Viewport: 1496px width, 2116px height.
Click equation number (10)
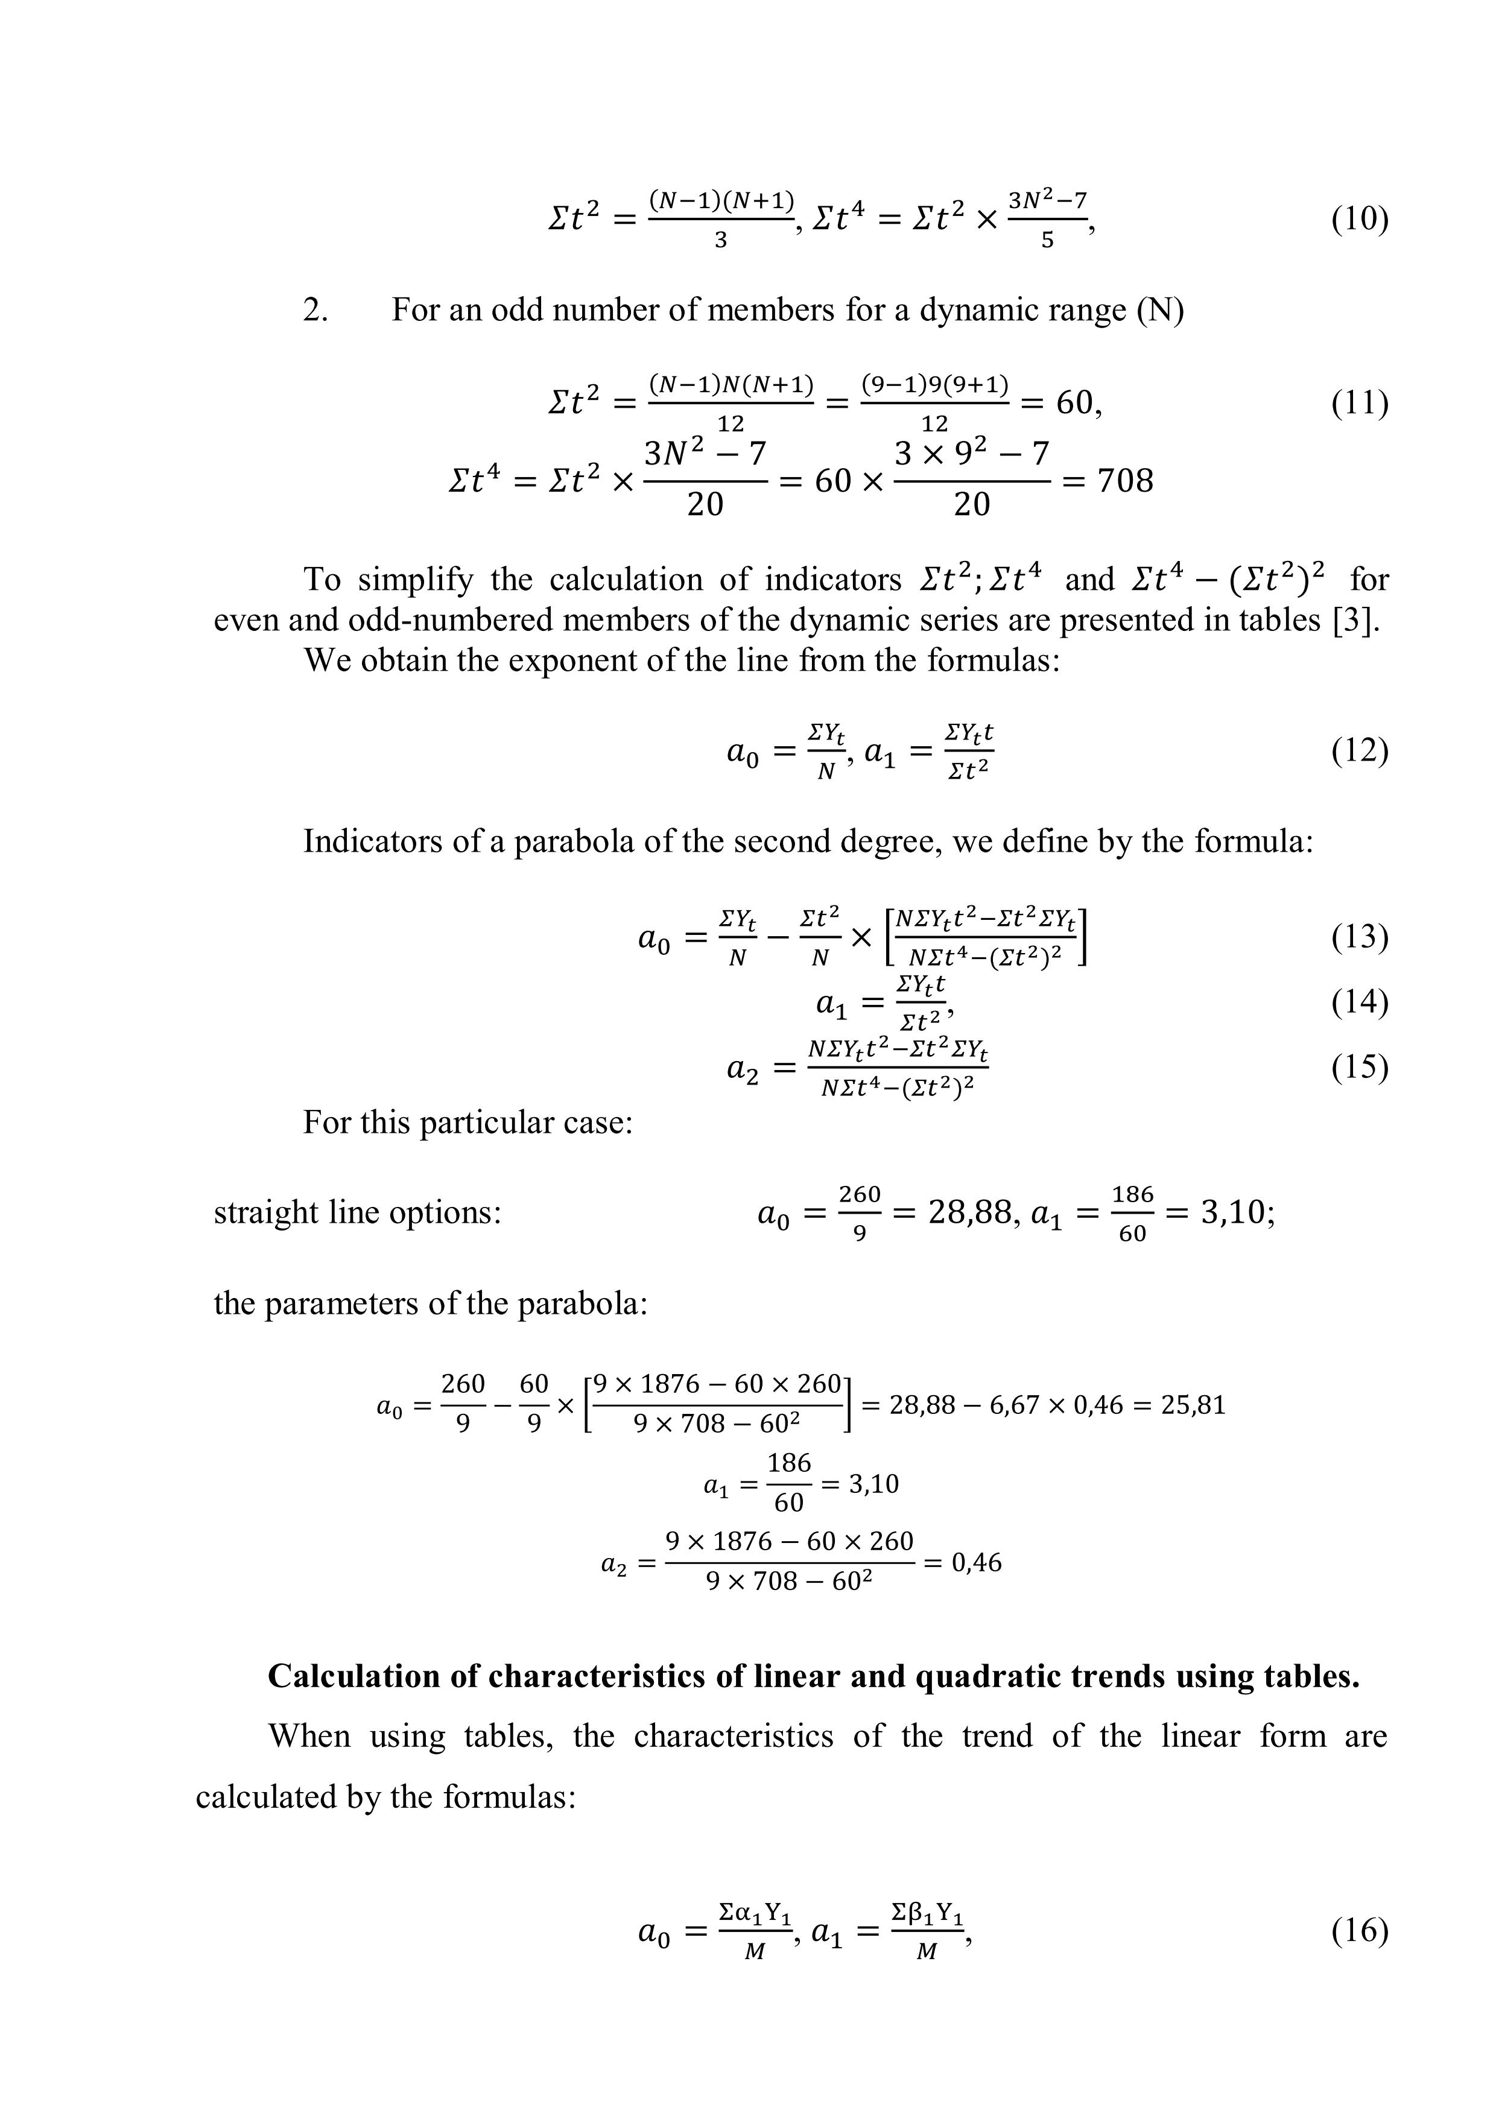click(1358, 220)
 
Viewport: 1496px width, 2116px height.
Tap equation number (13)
click(1358, 936)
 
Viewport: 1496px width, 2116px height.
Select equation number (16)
click(1358, 1929)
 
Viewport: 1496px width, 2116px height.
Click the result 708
click(1124, 481)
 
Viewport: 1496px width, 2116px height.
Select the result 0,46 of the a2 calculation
click(976, 1562)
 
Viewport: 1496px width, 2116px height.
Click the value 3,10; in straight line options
click(1237, 1213)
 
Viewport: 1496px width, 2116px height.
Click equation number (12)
click(1358, 751)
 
